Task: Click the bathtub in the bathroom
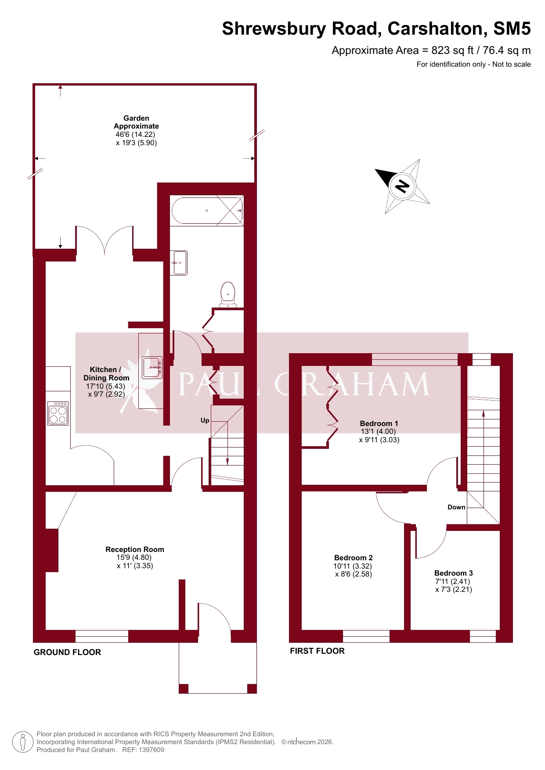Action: pyautogui.click(x=207, y=211)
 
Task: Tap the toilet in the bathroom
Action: pyautogui.click(x=228, y=294)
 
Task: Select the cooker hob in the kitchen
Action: pyautogui.click(x=58, y=413)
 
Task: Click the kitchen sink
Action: pyautogui.click(x=152, y=367)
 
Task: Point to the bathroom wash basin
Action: pyautogui.click(x=179, y=263)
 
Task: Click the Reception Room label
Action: pyautogui.click(x=135, y=549)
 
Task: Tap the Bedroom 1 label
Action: pyautogui.click(x=379, y=423)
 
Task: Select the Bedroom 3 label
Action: pyautogui.click(x=454, y=573)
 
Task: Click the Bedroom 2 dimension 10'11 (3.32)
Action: pyautogui.click(x=353, y=566)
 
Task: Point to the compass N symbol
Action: pyautogui.click(x=402, y=186)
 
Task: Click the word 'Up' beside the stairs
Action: pyautogui.click(x=205, y=420)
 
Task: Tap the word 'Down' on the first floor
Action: pyautogui.click(x=456, y=507)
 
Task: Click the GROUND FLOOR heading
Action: pyautogui.click(x=67, y=652)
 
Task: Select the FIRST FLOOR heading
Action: pyautogui.click(x=317, y=651)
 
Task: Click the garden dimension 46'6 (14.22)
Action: pyautogui.click(x=135, y=135)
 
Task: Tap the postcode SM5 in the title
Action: pyautogui.click(x=512, y=29)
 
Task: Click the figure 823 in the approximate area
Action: pyautogui.click(x=440, y=50)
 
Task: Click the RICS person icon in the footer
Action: pyautogui.click(x=23, y=742)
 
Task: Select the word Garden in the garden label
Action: pyautogui.click(x=136, y=118)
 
